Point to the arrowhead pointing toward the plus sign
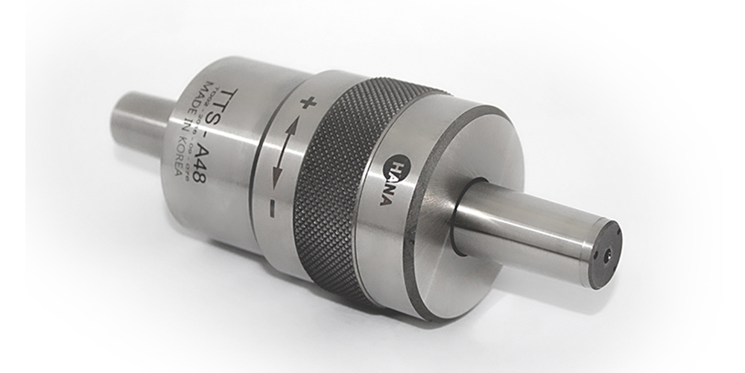(293, 128)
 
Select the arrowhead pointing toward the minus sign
(279, 178)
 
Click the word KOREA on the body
(177, 168)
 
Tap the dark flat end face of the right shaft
(605, 254)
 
